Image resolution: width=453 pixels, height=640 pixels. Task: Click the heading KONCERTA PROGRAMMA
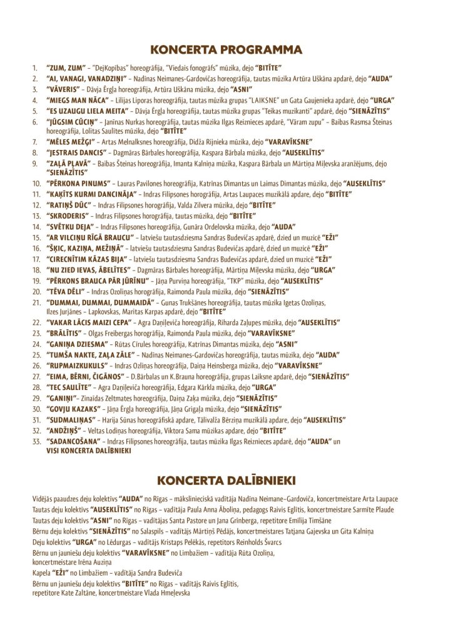(227, 49)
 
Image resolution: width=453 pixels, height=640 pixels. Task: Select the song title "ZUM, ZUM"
(66, 66)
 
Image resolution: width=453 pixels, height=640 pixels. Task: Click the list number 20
(36, 291)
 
